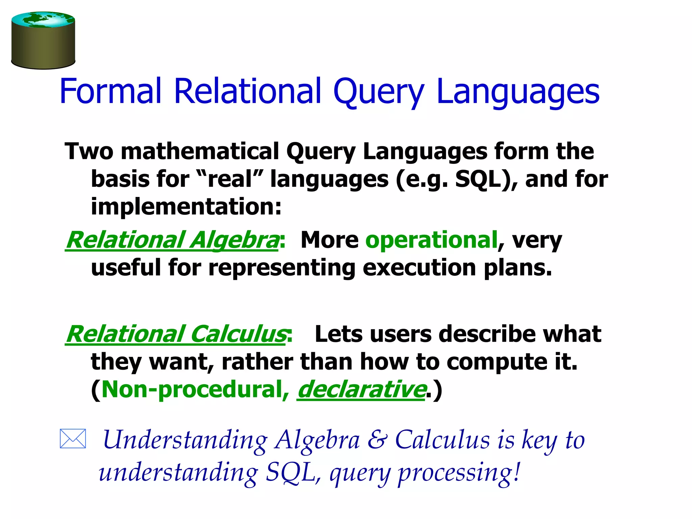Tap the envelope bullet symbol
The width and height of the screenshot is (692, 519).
[x=73, y=439]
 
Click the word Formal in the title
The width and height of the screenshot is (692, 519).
[x=110, y=91]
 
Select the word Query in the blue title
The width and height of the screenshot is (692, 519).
[x=378, y=91]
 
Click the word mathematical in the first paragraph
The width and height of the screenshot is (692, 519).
[x=200, y=151]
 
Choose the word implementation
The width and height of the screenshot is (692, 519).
[x=186, y=206]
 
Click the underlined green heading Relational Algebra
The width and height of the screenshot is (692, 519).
[x=172, y=240]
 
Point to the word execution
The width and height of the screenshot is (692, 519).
[x=419, y=268]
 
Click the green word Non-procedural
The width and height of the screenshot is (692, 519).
[x=192, y=390]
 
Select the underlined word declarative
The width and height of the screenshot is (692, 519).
[x=361, y=390]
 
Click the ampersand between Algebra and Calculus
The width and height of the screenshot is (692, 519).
[x=377, y=440]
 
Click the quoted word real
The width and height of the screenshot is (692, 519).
[x=230, y=179]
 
